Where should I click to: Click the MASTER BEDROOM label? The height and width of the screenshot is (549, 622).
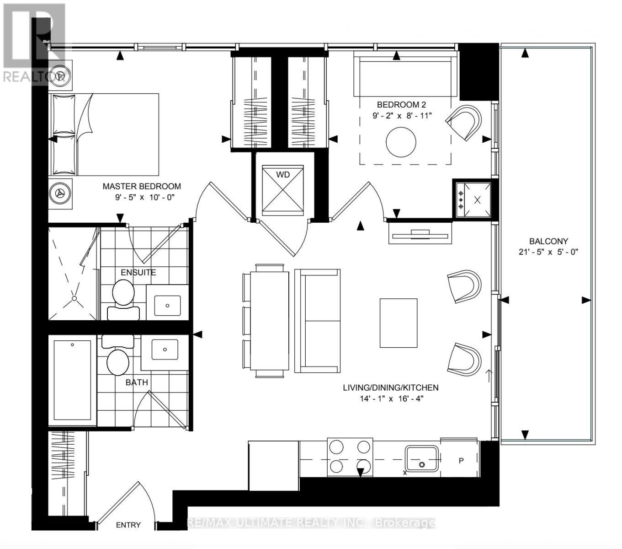click(x=141, y=186)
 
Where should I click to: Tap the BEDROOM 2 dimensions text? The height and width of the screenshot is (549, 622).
click(x=401, y=116)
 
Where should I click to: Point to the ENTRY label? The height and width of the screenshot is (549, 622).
click(x=128, y=525)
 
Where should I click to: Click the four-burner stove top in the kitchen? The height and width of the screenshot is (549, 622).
click(x=350, y=456)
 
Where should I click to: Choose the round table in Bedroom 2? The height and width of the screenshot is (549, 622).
click(x=401, y=141)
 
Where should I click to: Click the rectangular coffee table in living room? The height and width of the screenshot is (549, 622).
click(x=399, y=323)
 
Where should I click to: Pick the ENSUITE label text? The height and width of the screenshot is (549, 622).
click(x=138, y=272)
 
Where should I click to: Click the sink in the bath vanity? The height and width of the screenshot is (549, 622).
click(x=165, y=350)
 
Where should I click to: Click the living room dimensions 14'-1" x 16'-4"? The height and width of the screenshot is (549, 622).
click(x=391, y=398)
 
